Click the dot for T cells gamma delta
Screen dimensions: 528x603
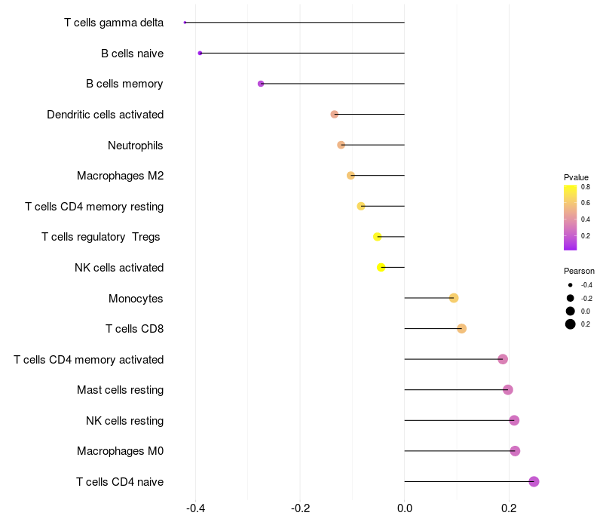coord(185,23)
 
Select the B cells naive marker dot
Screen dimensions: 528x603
coord(200,53)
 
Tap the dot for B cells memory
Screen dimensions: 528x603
coord(261,84)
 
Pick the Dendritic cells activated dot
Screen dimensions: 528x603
coord(335,114)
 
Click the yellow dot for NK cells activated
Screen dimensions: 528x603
coord(381,267)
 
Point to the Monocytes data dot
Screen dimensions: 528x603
coord(454,298)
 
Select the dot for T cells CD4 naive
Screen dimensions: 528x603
coord(534,481)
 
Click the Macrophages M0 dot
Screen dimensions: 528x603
coord(515,451)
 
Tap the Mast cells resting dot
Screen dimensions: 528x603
coord(508,390)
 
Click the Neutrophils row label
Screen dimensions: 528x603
coord(136,145)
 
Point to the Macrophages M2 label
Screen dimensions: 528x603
coord(121,176)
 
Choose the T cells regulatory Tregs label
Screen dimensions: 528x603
coord(101,237)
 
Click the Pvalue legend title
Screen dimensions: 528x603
coord(577,177)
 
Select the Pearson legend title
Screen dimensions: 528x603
coord(579,271)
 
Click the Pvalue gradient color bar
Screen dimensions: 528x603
coord(570,217)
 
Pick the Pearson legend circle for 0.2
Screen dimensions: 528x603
coord(571,324)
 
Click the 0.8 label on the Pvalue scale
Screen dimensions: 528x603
coord(585,186)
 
